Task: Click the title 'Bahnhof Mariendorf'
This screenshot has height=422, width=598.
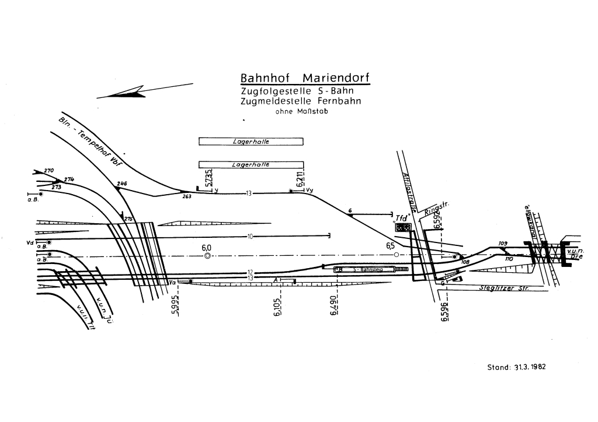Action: coord(304,78)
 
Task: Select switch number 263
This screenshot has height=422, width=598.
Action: coord(187,197)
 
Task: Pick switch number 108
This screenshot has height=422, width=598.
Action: coord(465,262)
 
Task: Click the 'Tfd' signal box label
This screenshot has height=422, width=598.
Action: coord(402,218)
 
